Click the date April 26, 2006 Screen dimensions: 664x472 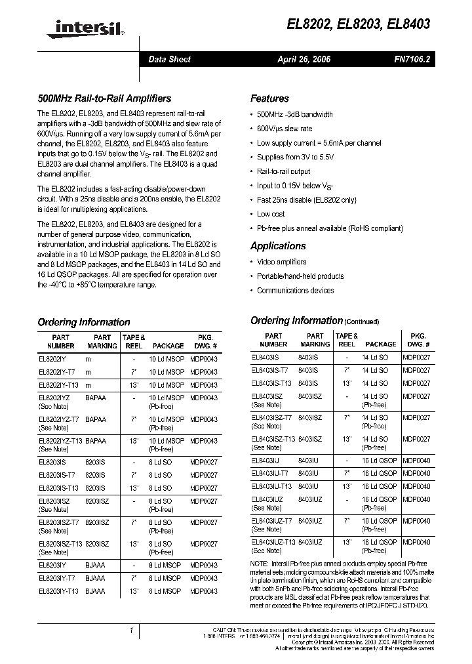(304, 59)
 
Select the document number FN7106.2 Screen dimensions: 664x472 (412, 59)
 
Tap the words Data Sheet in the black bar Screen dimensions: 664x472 (169, 59)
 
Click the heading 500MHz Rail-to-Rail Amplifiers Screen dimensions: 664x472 (104, 98)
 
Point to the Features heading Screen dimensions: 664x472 (269, 98)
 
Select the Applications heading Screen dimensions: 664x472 (278, 246)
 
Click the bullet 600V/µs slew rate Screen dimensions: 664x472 (285, 129)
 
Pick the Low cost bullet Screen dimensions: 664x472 (271, 214)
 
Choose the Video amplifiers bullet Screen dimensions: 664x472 (282, 262)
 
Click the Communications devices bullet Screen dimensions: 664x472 (295, 291)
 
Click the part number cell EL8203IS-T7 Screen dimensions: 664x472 (56, 474)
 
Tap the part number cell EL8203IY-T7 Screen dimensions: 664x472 (56, 578)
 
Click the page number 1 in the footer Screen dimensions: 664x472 (132, 631)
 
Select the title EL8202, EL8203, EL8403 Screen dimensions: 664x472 (359, 24)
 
